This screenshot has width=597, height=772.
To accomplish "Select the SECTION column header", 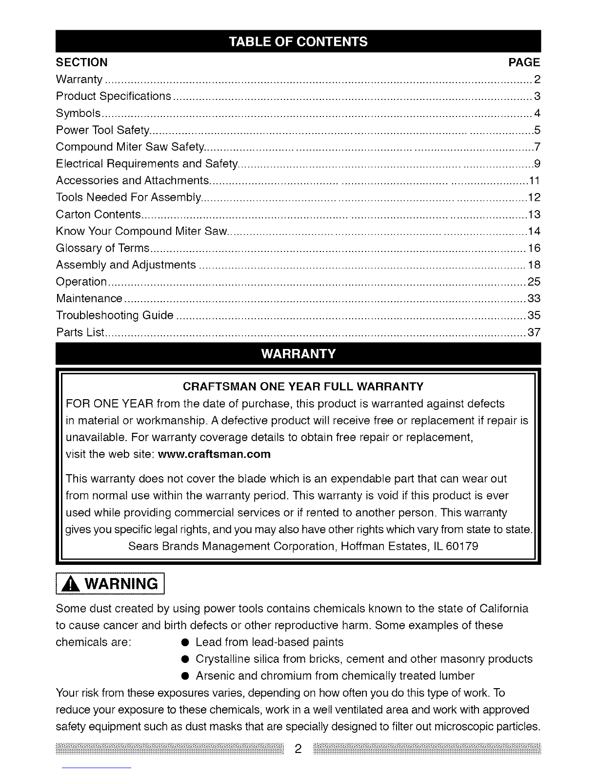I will click(x=82, y=62).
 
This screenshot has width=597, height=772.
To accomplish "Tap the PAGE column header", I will click(x=524, y=62).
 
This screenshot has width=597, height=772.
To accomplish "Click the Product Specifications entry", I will click(x=114, y=96).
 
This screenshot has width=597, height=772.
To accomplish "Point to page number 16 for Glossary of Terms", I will click(x=534, y=248).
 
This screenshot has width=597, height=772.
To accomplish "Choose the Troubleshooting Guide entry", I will click(x=115, y=315).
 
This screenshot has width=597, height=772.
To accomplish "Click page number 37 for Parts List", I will click(x=534, y=332).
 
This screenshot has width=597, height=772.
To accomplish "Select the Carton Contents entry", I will click(x=99, y=214).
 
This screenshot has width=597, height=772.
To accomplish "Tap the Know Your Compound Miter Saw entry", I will click(x=141, y=231).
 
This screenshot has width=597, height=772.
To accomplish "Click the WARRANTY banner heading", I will click(x=298, y=354).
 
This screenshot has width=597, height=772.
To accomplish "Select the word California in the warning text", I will click(x=504, y=609).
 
